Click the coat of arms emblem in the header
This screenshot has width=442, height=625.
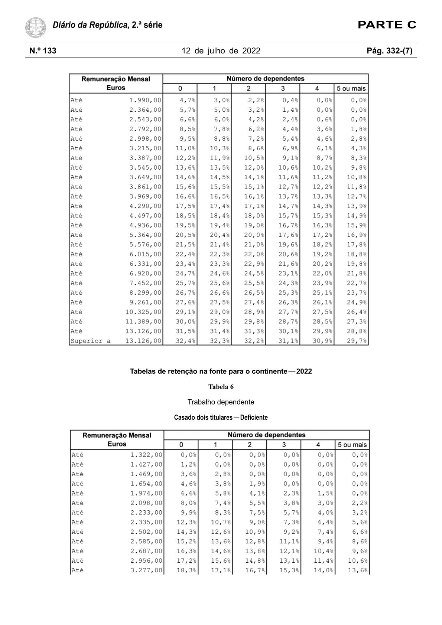click(x=36, y=27)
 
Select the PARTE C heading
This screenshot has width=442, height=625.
click(x=387, y=25)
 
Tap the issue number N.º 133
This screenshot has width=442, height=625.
click(x=43, y=51)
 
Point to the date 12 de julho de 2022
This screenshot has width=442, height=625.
click(x=221, y=51)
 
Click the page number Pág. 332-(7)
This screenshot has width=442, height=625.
click(x=389, y=51)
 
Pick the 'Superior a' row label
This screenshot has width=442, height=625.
click(x=90, y=341)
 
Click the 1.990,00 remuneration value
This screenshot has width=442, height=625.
click(x=145, y=100)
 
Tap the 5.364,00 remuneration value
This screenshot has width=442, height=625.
click(x=145, y=235)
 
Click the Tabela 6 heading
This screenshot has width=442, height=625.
click(x=221, y=387)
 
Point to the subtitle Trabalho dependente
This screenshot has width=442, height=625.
click(x=221, y=402)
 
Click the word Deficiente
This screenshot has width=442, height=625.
click(x=254, y=418)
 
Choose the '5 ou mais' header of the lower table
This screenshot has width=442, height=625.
click(x=352, y=445)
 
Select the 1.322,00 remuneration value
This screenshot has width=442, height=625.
click(x=146, y=455)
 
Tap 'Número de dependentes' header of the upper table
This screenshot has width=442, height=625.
click(x=265, y=79)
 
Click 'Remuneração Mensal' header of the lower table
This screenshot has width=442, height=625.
click(x=117, y=435)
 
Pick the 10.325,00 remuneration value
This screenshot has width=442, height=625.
click(x=143, y=312)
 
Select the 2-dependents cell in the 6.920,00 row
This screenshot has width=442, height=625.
click(x=254, y=274)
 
